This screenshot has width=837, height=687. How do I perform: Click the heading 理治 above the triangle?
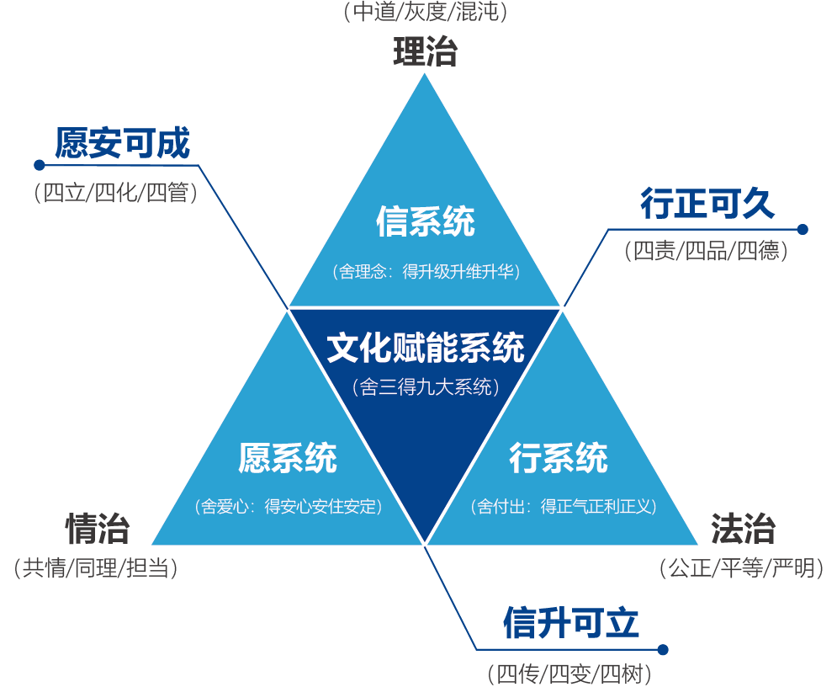click(x=425, y=52)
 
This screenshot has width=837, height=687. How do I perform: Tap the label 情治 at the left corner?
click(x=98, y=530)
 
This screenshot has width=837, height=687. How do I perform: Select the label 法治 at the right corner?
click(x=743, y=530)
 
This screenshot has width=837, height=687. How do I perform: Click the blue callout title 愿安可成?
click(x=123, y=143)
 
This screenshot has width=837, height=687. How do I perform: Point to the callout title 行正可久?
click(x=707, y=205)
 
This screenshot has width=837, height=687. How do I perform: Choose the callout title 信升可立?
click(x=571, y=624)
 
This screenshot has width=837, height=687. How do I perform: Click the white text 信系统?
click(x=426, y=222)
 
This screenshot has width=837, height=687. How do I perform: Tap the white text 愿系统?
click(x=288, y=458)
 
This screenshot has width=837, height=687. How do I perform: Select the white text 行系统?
click(x=559, y=458)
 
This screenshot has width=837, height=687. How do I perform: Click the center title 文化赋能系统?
click(x=426, y=348)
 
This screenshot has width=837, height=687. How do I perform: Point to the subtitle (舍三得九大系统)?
click(x=426, y=387)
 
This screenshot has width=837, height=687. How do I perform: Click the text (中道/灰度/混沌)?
click(x=426, y=13)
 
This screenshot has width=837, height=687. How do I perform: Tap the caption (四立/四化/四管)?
click(x=116, y=193)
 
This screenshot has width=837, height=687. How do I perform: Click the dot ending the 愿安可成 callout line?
click(x=38, y=164)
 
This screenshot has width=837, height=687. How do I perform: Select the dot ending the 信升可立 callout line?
click(x=663, y=649)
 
